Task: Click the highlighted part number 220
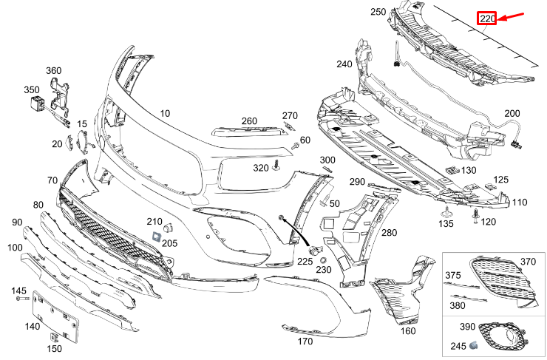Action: click(487, 18)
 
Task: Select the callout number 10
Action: click(164, 113)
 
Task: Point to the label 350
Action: click(31, 89)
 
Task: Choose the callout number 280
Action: click(389, 233)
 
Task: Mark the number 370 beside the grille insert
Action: click(527, 262)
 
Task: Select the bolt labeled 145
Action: click(26, 299)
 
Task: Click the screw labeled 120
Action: click(475, 214)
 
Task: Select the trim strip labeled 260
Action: click(248, 132)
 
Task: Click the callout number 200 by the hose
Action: click(512, 113)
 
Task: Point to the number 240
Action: click(344, 64)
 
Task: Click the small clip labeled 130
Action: click(451, 172)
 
